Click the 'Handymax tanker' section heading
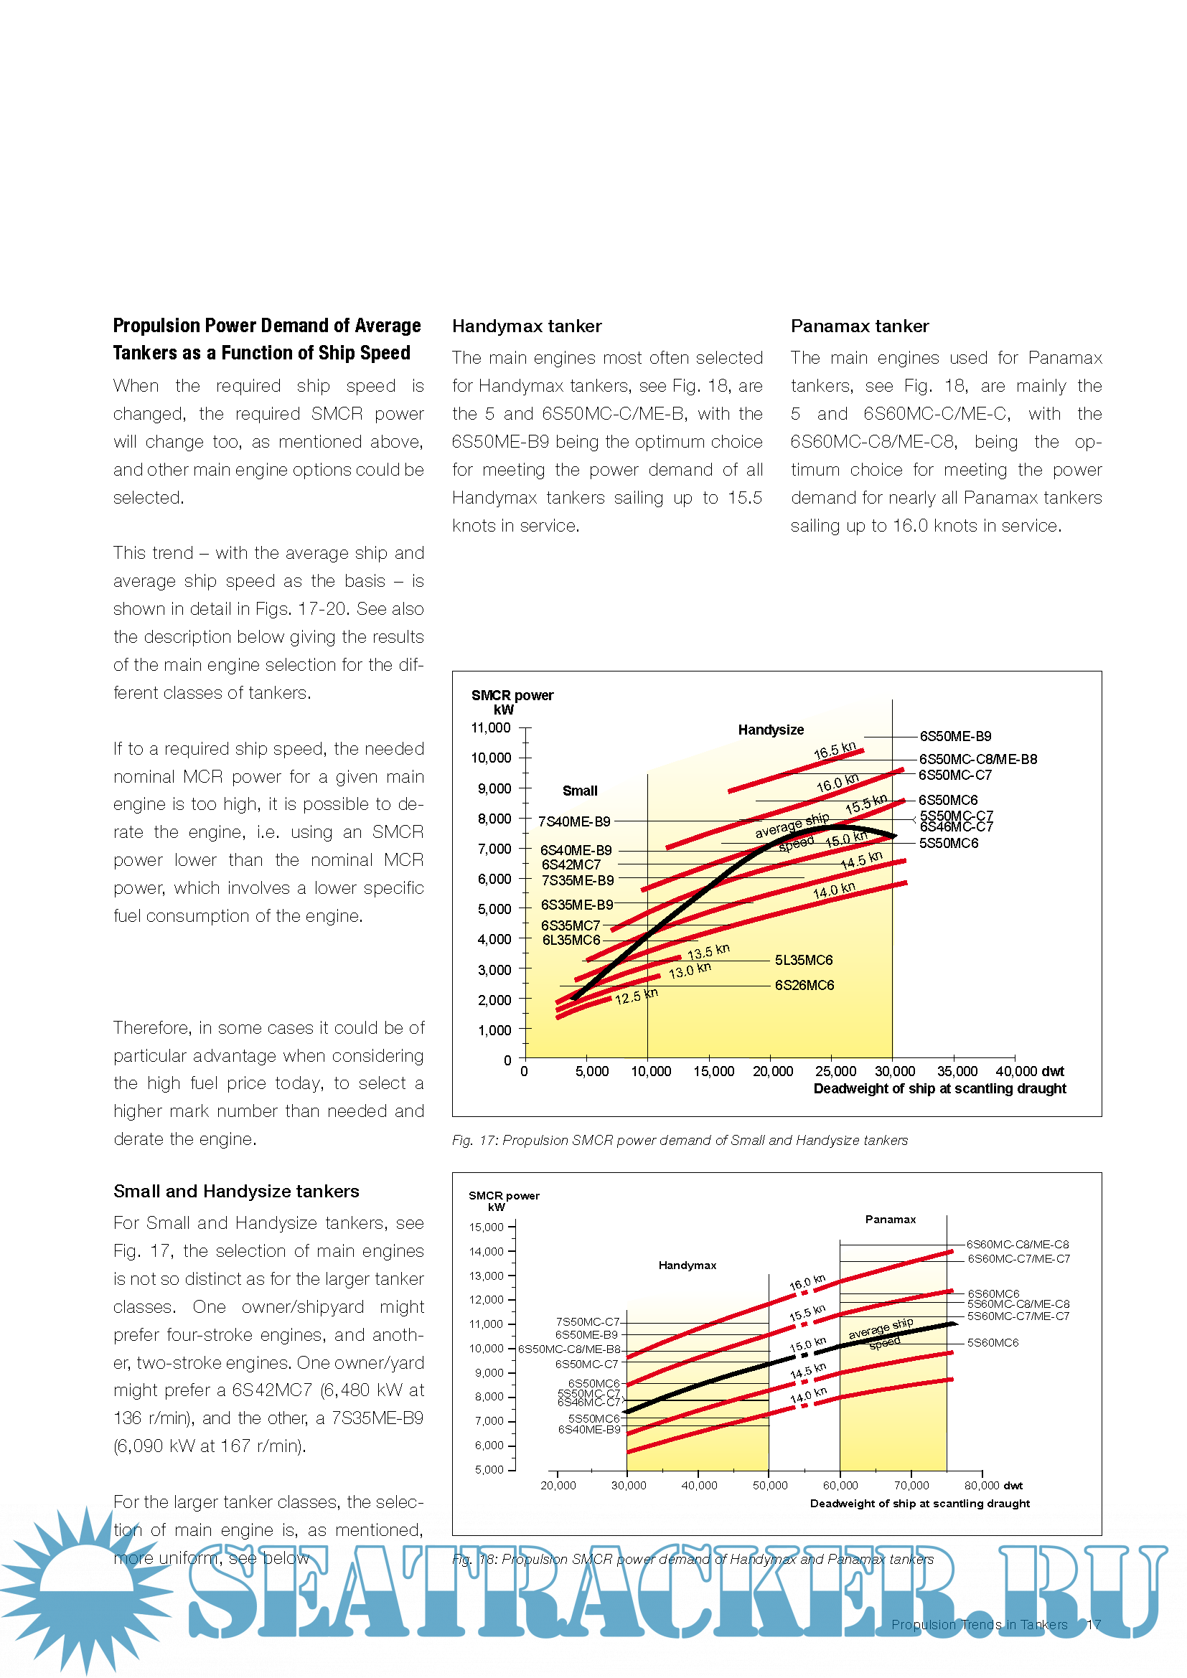click(x=526, y=326)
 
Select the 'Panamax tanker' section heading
click(x=860, y=326)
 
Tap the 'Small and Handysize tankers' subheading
click(x=236, y=1192)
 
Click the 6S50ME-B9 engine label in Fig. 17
click(x=954, y=736)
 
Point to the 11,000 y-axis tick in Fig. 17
click(x=490, y=728)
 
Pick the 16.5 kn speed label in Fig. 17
click(x=834, y=750)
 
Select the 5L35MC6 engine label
click(x=803, y=961)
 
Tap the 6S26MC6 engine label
click(x=804, y=985)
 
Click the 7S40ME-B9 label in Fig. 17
click(x=574, y=821)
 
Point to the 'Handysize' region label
click(x=770, y=730)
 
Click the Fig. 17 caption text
click(x=680, y=1140)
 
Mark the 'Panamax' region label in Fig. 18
click(x=890, y=1220)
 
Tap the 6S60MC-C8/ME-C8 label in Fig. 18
click(x=1018, y=1245)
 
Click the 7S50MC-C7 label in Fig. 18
click(x=588, y=1322)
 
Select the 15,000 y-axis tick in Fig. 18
click(x=486, y=1227)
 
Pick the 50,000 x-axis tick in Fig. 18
click(x=769, y=1486)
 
